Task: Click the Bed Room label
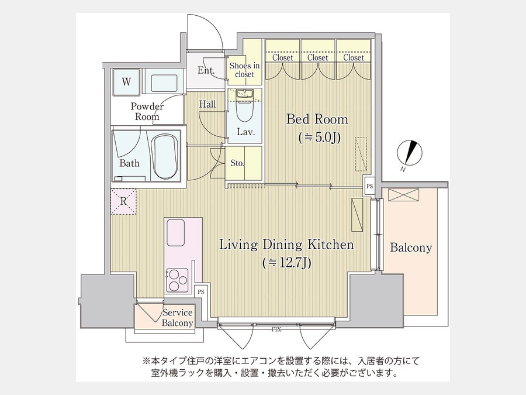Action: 317,119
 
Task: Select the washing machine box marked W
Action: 126,81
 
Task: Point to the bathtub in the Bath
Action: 165,157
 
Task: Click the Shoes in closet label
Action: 244,70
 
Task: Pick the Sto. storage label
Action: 237,163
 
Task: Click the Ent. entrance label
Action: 206,71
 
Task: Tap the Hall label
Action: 207,104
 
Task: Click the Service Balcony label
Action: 178,318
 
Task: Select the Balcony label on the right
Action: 411,248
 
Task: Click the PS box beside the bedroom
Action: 369,186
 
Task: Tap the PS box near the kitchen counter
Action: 200,291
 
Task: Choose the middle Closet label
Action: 318,58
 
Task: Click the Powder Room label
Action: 147,111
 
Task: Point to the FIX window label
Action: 276,329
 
